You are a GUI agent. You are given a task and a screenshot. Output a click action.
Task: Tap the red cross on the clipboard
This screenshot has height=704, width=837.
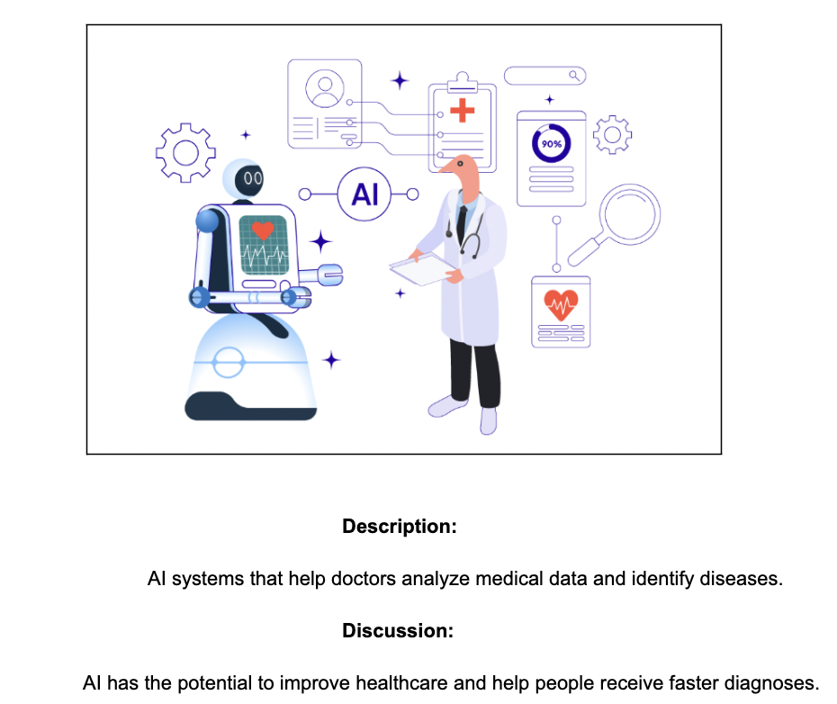coord(463,111)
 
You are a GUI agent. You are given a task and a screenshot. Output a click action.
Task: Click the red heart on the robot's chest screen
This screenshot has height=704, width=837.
coord(263,230)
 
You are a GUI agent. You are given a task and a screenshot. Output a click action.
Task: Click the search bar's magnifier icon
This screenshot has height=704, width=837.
coord(574,76)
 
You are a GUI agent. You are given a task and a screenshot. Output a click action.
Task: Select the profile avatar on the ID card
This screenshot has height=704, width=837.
coord(325,88)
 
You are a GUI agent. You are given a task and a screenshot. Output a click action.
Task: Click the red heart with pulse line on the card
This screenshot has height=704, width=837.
coord(561,305)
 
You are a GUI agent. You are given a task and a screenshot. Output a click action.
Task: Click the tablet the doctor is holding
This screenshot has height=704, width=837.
coord(423,269)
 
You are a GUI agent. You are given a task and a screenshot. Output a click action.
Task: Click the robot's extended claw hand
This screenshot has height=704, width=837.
coord(330,275)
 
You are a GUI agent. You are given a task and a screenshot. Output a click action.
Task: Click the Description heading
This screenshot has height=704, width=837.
coord(400,527)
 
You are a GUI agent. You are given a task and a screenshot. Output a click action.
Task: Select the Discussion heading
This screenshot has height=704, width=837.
coord(398,631)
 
